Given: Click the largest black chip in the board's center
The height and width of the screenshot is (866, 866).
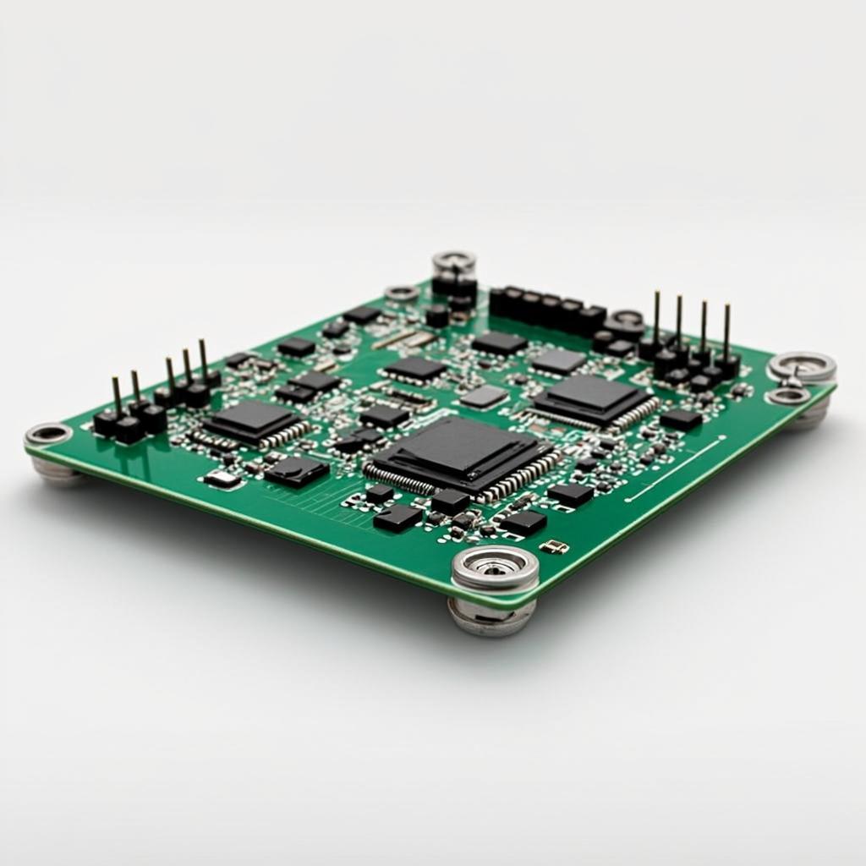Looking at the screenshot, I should (458, 454).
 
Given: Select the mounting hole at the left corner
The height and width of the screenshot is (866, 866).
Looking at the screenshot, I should (48, 435).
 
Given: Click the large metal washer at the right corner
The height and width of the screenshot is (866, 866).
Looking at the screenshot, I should (802, 367).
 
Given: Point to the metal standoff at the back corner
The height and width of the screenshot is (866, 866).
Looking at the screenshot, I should (454, 263).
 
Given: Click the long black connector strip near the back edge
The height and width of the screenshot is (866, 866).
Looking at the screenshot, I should (545, 309).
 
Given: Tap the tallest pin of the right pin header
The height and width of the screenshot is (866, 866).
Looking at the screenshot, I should (656, 320).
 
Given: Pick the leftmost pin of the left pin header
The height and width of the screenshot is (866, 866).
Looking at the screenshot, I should (116, 395).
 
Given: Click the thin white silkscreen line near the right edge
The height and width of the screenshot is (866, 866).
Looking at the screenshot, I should (677, 469).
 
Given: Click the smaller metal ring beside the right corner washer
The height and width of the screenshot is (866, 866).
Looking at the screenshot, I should (787, 396).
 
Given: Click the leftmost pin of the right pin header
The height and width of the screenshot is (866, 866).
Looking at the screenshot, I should (656, 320).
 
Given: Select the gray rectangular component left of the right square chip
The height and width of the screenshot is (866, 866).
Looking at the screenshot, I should (485, 397).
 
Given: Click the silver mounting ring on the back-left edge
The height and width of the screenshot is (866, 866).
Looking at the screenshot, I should (402, 293).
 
